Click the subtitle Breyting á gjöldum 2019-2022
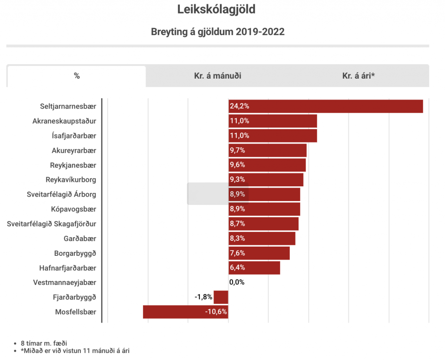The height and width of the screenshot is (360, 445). pos(218,32)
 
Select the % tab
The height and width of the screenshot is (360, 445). pos(77,76)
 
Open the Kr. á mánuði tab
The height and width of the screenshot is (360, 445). pos(217,76)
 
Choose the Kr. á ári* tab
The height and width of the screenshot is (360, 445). pos(359,76)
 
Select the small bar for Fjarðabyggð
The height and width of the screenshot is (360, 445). pos(221,297)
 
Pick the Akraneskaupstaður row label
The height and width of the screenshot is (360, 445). pos(64,121)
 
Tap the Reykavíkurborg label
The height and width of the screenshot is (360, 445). pos(71,180)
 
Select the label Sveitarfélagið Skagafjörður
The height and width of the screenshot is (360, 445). pos(52,224)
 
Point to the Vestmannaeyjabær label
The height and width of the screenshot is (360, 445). pos(65,283)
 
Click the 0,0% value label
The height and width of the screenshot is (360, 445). pos(237,283)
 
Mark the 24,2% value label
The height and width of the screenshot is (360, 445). pos(239,106)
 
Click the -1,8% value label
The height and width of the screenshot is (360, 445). pos(203,297)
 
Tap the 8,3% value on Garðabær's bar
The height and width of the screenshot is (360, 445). pos(238,239)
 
